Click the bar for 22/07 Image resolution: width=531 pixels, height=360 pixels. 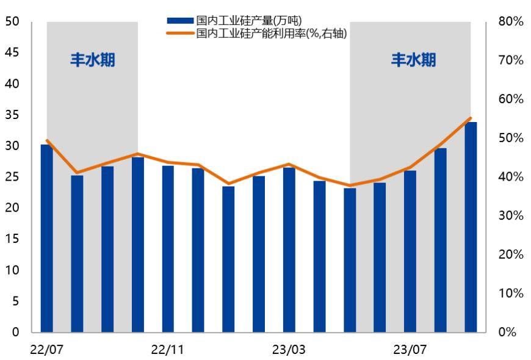[46, 238]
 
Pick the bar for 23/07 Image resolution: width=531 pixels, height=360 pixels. [410, 251]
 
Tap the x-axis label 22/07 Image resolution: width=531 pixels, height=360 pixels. [46, 350]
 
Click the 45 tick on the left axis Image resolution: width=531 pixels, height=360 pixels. [12, 53]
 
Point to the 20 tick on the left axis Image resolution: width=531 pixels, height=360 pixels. [12, 208]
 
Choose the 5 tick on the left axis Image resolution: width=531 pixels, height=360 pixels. [15, 301]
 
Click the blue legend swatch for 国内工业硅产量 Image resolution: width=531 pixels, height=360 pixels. [180, 23]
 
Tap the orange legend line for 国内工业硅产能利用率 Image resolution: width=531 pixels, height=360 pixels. [180, 34]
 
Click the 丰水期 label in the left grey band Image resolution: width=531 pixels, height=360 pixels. [92, 60]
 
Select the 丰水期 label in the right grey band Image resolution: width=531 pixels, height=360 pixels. [413, 60]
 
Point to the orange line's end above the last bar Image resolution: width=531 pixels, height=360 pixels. [471, 118]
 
